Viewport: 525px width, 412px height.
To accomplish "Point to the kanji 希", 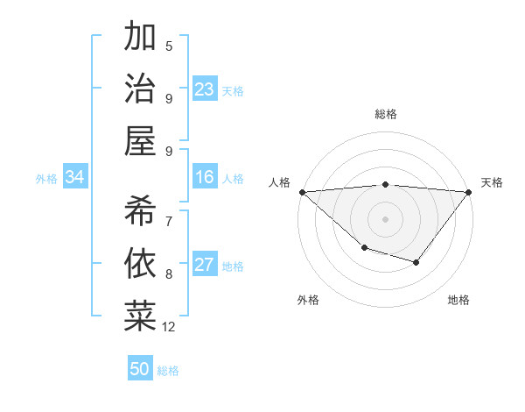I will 140,210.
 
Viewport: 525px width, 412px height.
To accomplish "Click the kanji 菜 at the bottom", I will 140,316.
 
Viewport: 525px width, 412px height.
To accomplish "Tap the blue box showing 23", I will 205,89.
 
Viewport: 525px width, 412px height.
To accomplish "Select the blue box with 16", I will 205,178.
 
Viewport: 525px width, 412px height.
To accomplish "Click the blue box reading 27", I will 205,266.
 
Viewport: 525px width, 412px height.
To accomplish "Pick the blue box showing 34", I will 75,178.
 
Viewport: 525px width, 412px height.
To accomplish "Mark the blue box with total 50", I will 140,369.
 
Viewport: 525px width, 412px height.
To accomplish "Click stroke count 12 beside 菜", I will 169,327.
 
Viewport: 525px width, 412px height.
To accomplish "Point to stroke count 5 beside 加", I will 169,46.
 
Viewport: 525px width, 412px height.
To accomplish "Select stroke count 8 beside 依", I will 169,274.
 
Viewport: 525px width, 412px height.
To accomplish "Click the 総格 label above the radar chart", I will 385,114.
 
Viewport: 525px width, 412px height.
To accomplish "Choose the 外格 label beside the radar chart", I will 308,300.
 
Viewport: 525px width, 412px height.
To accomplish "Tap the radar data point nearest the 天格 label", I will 468,192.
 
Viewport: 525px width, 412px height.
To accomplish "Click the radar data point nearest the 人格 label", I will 303,192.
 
